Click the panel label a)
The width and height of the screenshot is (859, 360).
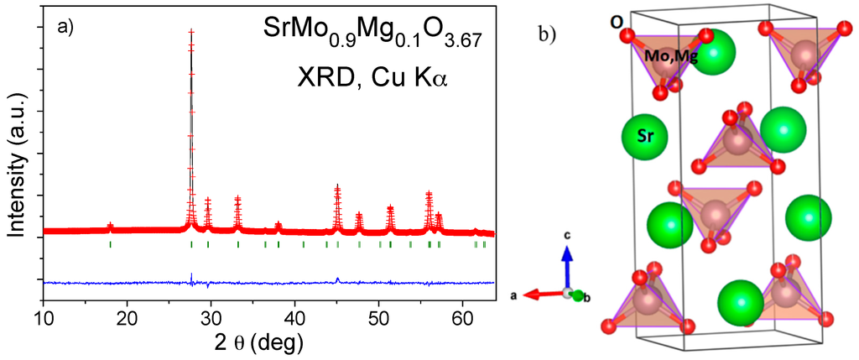click(65, 27)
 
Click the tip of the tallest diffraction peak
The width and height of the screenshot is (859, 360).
click(191, 32)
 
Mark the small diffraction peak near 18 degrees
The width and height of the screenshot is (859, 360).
click(111, 226)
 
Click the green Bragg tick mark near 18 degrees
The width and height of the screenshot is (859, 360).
click(111, 244)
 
